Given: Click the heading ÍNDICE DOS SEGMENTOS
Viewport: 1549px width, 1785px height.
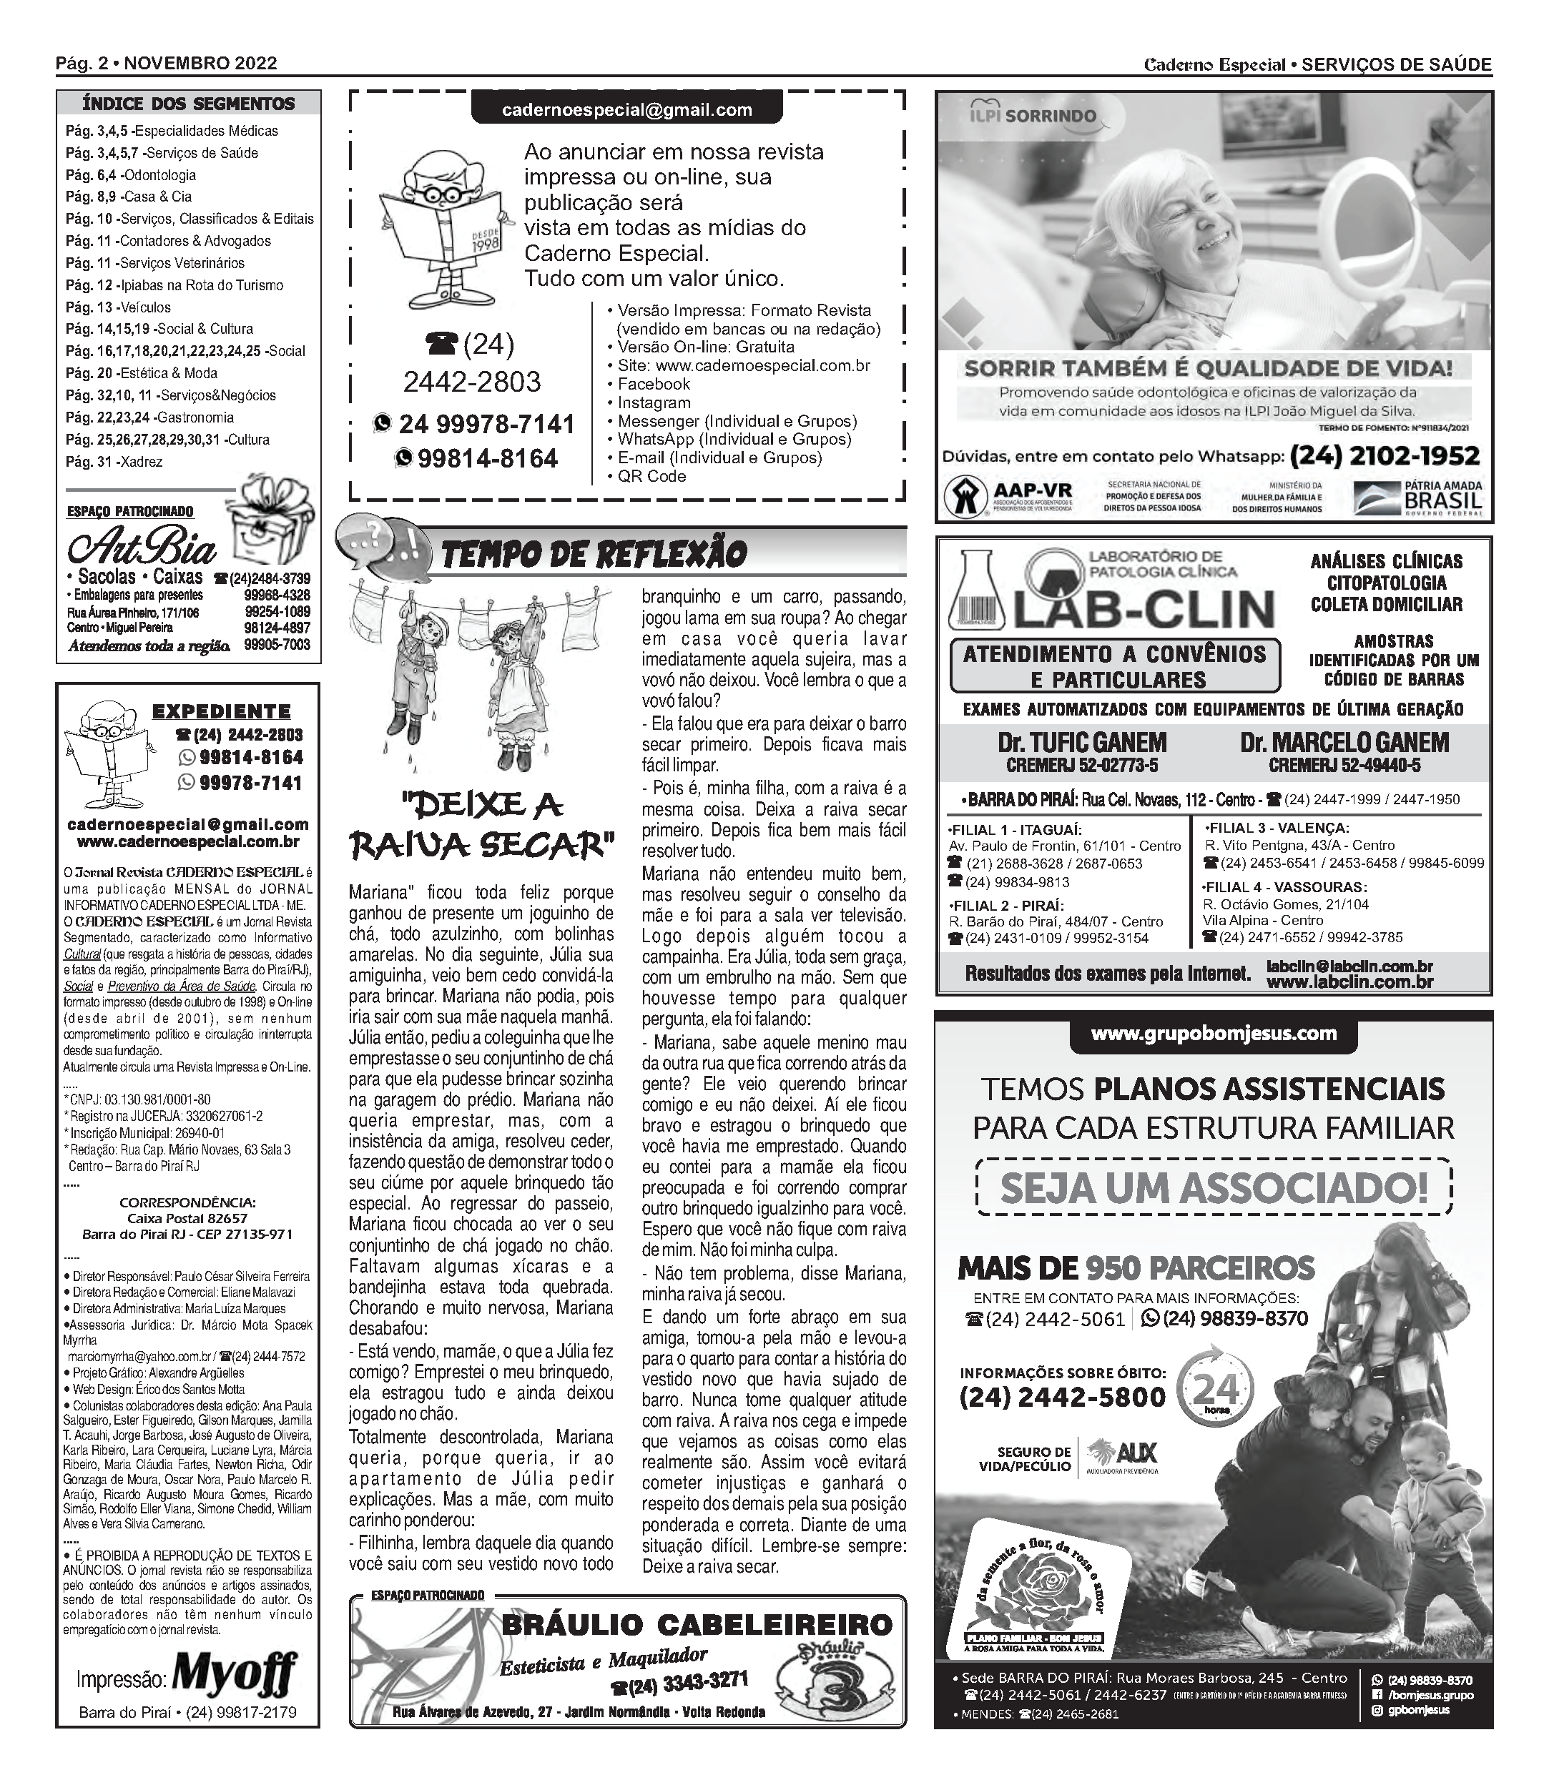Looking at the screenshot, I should (x=188, y=104).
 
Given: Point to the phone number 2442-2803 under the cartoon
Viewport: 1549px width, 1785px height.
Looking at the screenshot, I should (x=472, y=381).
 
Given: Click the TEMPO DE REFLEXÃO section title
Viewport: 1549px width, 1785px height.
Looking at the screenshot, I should (x=594, y=554).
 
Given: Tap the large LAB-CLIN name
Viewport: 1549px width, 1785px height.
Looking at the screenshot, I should (x=1144, y=609).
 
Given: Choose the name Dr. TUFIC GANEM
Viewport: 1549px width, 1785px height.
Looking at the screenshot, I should (x=1081, y=742).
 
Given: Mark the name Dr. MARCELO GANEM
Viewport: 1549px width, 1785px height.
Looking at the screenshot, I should (x=1344, y=742).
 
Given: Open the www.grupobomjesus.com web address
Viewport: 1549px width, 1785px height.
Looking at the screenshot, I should (x=1214, y=1034).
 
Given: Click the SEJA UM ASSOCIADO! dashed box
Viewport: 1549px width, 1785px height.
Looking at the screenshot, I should (x=1214, y=1188).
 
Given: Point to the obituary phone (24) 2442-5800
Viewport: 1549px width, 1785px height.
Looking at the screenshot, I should (x=1062, y=1397).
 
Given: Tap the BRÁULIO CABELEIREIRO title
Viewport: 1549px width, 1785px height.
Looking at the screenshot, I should (x=697, y=1624).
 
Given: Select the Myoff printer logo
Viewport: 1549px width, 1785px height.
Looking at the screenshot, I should (x=235, y=1678).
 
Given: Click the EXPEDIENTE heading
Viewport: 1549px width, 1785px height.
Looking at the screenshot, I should (x=221, y=712).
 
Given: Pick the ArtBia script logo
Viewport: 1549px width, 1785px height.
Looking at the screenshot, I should (x=142, y=547).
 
